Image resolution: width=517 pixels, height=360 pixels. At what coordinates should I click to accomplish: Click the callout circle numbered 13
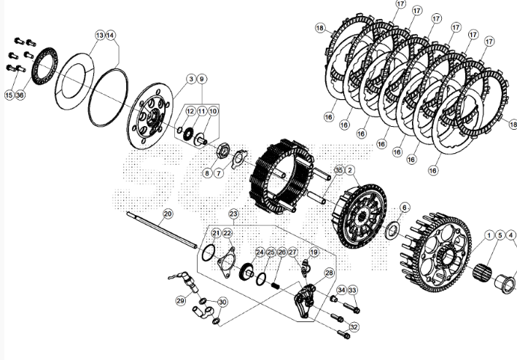click(100, 35)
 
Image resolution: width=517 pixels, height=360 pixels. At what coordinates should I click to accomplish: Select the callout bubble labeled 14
click(110, 35)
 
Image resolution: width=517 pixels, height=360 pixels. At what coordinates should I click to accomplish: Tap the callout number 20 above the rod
click(168, 214)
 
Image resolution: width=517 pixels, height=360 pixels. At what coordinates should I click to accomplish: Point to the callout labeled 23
click(233, 214)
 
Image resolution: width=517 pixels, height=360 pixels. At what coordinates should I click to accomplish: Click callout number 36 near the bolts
click(20, 95)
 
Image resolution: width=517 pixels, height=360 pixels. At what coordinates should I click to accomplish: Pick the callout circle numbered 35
click(339, 170)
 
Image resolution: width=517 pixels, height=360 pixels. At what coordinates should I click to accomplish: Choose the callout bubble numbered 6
click(405, 208)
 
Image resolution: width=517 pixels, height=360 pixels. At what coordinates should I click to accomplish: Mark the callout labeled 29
click(180, 301)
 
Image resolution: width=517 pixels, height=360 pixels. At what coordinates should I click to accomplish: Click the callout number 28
click(329, 273)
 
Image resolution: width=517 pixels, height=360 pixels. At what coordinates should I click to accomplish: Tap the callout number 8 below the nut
click(207, 173)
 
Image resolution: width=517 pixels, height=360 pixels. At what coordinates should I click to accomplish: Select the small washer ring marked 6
click(393, 230)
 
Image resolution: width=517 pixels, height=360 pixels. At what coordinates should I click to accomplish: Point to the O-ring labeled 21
click(209, 253)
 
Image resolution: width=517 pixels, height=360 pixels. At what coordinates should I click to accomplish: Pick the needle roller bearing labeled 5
click(482, 273)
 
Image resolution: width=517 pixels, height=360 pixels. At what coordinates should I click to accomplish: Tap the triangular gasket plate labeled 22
click(227, 262)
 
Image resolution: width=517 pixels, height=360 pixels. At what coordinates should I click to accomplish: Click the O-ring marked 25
click(260, 279)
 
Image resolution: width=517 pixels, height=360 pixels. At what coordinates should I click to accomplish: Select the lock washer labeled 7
click(239, 159)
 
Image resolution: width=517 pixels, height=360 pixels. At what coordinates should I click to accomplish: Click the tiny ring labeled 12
click(179, 130)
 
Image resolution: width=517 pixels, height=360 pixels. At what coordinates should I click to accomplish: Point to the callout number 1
click(489, 235)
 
